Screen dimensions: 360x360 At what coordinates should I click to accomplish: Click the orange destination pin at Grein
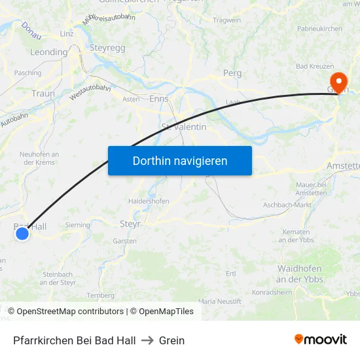tap(338, 82)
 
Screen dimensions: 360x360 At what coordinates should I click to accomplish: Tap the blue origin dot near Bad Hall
tap(22, 233)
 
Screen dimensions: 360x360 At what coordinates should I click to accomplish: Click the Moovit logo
tap(320, 340)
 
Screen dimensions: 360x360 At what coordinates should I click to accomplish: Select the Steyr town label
tap(130, 224)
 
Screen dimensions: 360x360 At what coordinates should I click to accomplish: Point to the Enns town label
tap(159, 99)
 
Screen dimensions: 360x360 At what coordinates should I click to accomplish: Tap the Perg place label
tap(232, 73)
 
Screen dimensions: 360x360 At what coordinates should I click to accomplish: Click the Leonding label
tap(49, 52)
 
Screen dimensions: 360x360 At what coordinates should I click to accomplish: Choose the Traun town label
tap(43, 94)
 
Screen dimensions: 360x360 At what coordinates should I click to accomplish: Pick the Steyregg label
tap(107, 48)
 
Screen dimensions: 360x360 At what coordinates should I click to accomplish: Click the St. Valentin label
tap(184, 126)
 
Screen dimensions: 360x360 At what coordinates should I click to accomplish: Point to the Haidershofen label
tap(149, 201)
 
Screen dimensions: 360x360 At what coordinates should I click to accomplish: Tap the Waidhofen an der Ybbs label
tap(300, 274)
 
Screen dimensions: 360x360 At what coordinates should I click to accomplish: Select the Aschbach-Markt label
tap(287, 205)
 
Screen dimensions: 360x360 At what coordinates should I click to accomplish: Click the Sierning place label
tap(78, 225)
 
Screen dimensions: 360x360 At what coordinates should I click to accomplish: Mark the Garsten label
tap(124, 241)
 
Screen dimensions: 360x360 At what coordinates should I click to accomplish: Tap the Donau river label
tap(31, 28)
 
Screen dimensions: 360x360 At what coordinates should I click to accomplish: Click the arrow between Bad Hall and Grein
tap(147, 340)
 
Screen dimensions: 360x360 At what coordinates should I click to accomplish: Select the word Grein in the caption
tap(171, 340)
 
